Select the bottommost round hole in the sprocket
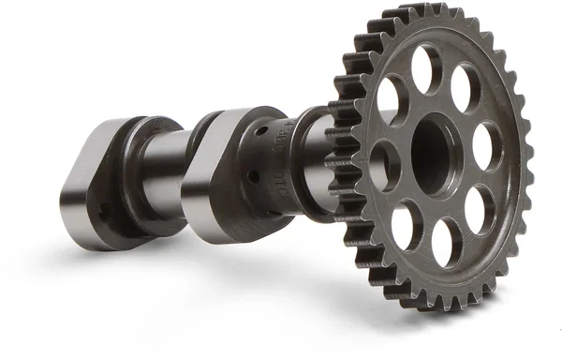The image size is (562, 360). point(446,243)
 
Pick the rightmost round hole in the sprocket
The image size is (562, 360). point(486,147)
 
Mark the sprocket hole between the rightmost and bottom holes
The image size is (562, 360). point(481,208)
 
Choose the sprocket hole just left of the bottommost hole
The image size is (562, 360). point(406,225)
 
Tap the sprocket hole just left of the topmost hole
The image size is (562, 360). point(389,96)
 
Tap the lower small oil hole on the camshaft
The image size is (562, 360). point(251,174)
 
